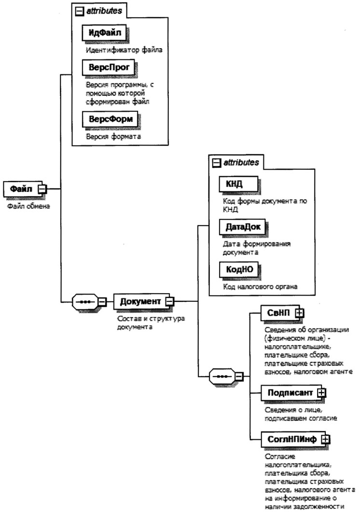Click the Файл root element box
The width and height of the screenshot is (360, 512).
tap(22, 189)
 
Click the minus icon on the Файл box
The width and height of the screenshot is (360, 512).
tap(42, 189)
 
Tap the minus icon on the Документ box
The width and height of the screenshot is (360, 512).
tap(169, 302)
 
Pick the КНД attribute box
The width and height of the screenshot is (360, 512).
tap(237, 185)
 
